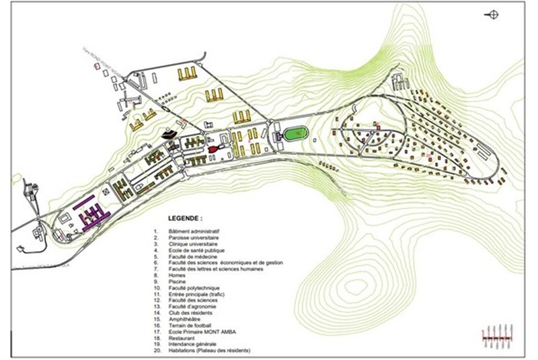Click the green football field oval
[293, 135]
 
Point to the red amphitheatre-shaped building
[214, 148]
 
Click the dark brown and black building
[172, 133]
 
